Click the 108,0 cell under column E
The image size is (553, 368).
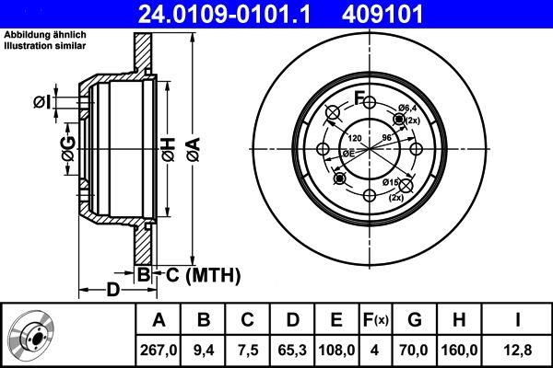pyautogui.click(x=337, y=350)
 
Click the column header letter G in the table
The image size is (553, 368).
pyautogui.click(x=414, y=319)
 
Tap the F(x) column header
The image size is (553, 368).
pyautogui.click(x=376, y=319)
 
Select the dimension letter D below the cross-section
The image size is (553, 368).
pyautogui.click(x=112, y=291)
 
